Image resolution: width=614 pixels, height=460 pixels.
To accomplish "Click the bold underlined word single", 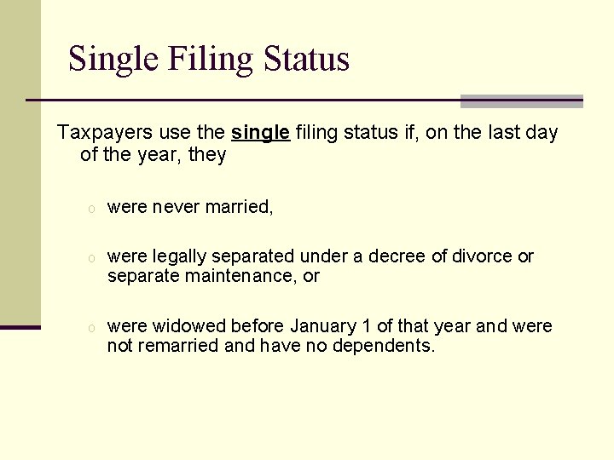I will pos(261,133).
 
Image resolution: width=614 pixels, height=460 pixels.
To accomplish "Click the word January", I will pos(323,326).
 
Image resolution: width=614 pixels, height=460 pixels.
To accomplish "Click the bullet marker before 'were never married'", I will pos(89,209).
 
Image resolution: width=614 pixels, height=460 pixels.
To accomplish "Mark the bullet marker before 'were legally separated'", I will pos(89,258).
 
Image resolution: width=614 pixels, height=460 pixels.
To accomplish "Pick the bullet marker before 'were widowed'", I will pos(89,328).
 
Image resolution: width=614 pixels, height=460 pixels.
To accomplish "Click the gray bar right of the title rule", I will pos(521,101).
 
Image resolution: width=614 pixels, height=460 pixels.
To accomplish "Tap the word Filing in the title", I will pos(211,60).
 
